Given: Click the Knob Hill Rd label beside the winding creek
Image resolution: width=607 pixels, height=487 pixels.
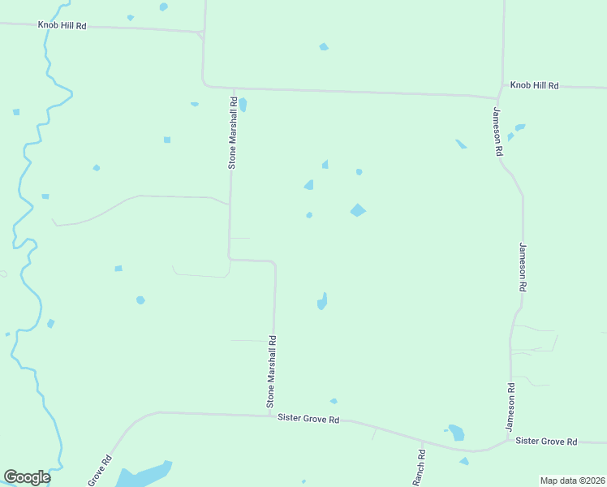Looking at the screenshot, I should click(62, 25).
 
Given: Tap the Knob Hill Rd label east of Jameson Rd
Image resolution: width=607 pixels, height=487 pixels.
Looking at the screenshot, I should click(535, 85).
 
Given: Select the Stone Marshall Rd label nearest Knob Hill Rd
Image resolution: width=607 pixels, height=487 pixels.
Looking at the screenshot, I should click(232, 133).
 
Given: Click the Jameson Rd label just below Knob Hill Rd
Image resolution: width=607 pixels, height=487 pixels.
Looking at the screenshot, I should click(497, 131).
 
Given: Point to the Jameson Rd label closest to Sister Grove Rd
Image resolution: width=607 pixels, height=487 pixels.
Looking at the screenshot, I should click(510, 407).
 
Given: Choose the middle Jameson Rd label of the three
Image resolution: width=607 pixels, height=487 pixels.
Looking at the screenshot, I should click(523, 267).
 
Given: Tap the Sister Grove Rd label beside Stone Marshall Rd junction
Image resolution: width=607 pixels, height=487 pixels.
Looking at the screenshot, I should click(308, 419).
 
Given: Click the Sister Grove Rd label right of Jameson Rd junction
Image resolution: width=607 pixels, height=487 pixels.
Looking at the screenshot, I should click(546, 442).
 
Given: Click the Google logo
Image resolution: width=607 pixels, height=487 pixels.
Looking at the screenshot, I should click(27, 477).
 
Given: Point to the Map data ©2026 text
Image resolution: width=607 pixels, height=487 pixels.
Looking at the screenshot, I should click(572, 481).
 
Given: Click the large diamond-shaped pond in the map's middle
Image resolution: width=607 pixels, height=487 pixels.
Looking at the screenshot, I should click(358, 210).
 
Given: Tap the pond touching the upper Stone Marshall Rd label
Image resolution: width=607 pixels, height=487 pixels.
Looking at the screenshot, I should click(243, 105).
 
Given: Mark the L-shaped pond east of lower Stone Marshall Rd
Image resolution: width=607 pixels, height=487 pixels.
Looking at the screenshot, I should click(322, 301).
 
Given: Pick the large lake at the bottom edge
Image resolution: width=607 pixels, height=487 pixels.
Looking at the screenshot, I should click(143, 475).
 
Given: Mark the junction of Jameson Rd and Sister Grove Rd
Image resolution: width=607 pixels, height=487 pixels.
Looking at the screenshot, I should click(509, 441).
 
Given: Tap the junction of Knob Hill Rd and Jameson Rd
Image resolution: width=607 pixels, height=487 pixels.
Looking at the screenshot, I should click(499, 94).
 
